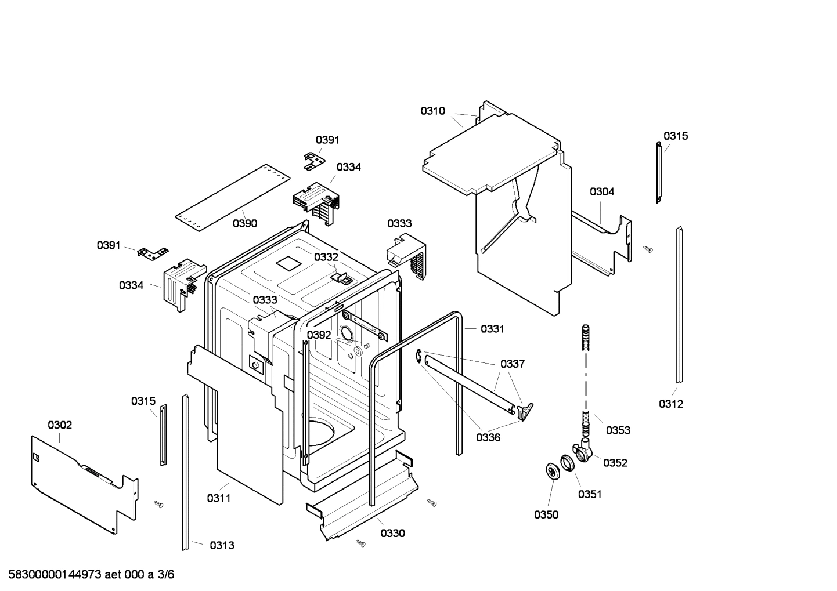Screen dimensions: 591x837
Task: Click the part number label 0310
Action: pos(433,111)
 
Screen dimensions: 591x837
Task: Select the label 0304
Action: pos(602,191)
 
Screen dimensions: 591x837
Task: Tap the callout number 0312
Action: pos(670,404)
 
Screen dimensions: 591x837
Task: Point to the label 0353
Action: pos(618,430)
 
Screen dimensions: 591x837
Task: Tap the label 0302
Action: pos(60,425)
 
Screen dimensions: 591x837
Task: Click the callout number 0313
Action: pos(222,545)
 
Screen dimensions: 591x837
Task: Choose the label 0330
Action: pos(393,533)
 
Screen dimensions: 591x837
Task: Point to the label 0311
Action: pos(219,498)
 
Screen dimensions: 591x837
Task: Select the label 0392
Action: pos(319,335)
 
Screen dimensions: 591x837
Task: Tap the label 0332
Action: pos(326,257)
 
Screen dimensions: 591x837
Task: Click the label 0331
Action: pos(492,329)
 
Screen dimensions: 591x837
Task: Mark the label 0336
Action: pos(488,437)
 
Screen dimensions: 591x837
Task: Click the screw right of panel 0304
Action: pos(648,249)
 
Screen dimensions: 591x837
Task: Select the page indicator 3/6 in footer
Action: pos(165,575)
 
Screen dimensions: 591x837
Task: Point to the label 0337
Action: pos(513,364)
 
